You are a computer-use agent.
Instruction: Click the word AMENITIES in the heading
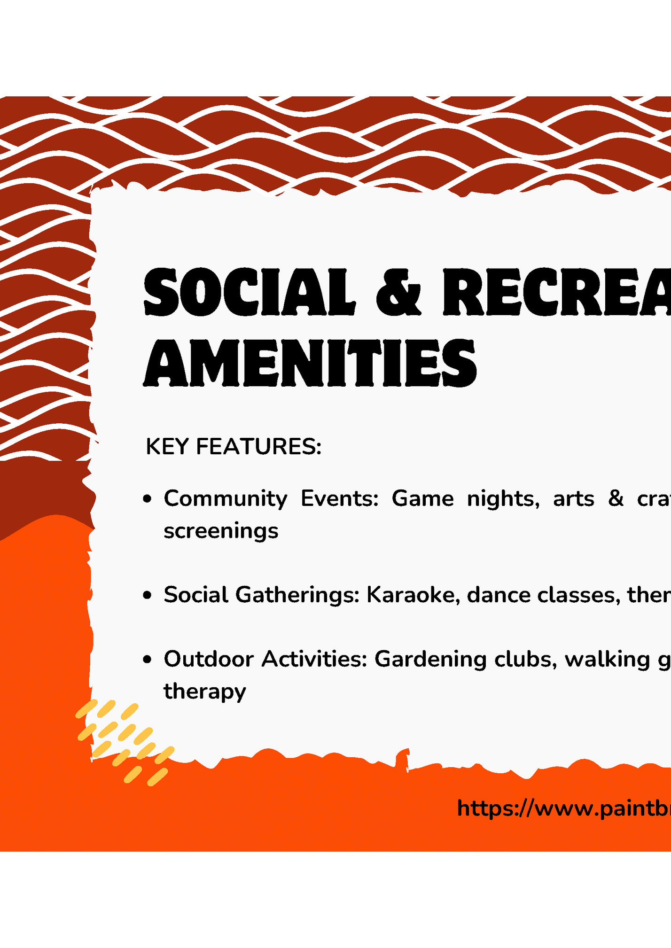[310, 363]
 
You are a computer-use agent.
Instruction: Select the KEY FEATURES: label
[234, 447]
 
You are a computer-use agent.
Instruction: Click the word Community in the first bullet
[225, 499]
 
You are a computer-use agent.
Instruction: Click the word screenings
[221, 531]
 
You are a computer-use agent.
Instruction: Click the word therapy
[204, 692]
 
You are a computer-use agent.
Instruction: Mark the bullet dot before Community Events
[148, 499]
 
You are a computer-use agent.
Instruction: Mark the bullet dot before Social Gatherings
[148, 596]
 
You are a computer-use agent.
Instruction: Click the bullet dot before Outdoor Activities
[148, 660]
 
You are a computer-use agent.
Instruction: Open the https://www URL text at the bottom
[564, 808]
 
